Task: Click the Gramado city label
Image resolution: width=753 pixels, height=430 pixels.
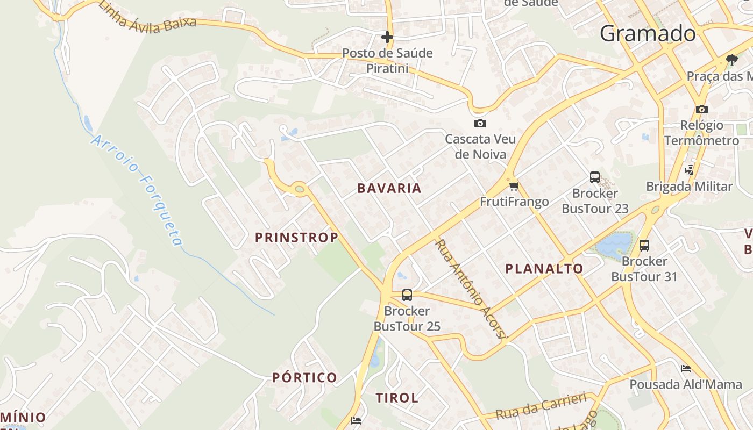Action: click(648, 33)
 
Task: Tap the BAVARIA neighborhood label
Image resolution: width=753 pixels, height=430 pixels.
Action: click(389, 189)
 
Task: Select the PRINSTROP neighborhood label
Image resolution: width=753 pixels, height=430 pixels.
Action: click(296, 238)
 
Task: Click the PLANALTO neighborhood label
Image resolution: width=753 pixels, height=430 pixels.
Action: click(544, 269)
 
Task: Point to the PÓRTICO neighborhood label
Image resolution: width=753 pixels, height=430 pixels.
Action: click(304, 377)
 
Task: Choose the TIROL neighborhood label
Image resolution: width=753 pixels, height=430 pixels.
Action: click(397, 398)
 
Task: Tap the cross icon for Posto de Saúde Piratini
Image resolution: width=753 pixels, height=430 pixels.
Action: click(387, 37)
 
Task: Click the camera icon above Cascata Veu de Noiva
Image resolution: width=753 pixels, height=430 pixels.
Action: click(480, 124)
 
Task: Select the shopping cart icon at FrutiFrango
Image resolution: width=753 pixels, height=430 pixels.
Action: click(514, 187)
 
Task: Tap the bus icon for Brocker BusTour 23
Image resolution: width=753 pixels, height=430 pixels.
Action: click(595, 177)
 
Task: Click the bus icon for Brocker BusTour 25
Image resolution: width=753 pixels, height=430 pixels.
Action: click(407, 295)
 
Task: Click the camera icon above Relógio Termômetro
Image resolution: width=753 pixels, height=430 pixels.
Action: click(701, 110)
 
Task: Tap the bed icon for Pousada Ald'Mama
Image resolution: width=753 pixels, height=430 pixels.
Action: click(686, 369)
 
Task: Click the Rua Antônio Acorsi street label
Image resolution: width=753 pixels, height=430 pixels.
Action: click(471, 289)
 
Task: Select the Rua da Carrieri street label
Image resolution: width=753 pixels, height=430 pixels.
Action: click(541, 406)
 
